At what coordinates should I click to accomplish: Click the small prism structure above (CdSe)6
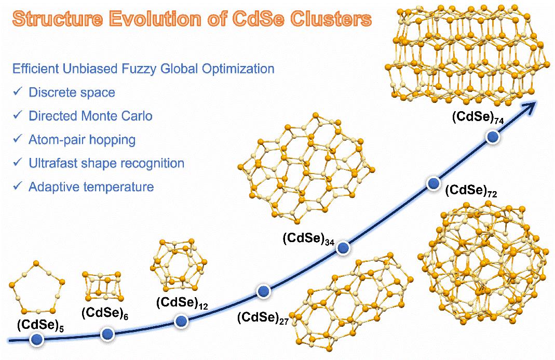click(104, 286)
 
